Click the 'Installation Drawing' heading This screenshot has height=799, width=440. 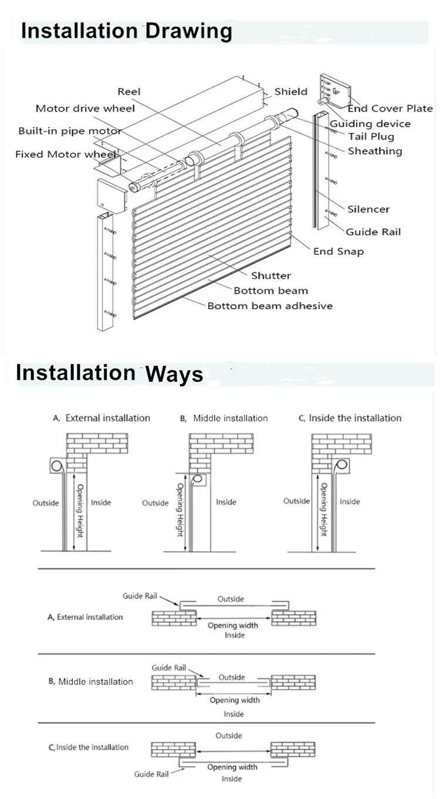(127, 31)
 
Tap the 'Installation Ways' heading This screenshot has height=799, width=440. (109, 373)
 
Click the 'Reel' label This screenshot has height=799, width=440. (129, 92)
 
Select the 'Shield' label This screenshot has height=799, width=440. (290, 92)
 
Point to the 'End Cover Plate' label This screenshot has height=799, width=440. (390, 109)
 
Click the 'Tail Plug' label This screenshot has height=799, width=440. (371, 137)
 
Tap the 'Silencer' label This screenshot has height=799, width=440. (368, 209)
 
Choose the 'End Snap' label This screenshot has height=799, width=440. (339, 251)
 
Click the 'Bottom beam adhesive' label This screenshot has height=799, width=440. (270, 306)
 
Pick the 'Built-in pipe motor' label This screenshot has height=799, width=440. (70, 132)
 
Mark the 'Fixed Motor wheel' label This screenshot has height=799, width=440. (66, 154)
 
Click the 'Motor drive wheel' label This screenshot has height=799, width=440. (85, 109)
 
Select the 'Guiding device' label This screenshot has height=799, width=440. (370, 124)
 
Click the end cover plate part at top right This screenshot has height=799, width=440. (334, 90)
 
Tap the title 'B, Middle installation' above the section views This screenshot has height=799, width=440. (224, 418)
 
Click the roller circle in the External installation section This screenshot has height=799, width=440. (56, 466)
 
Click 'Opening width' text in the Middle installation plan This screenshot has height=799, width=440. (235, 700)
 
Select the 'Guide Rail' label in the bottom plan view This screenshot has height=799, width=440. (151, 774)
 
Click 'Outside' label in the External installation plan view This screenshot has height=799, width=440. (231, 599)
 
